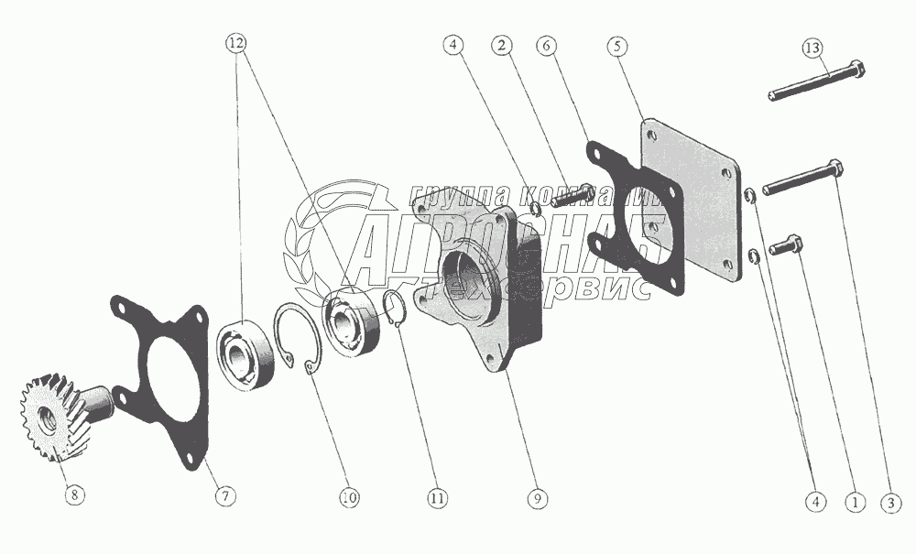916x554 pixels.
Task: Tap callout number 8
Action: point(75,495)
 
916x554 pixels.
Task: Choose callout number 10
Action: point(348,497)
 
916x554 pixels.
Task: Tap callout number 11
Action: point(437,497)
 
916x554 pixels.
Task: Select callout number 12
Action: point(238,43)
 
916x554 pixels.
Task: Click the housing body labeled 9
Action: point(476,284)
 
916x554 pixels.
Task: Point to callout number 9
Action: point(538,498)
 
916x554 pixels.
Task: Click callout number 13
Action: point(812,46)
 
